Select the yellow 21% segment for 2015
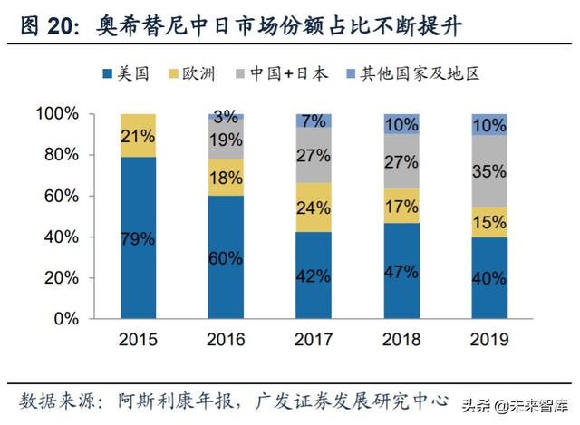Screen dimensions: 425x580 click(x=138, y=136)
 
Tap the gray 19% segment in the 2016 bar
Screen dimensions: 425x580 click(x=226, y=140)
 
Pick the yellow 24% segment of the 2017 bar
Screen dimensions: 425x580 click(x=313, y=207)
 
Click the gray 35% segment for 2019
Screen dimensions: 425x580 click(x=488, y=170)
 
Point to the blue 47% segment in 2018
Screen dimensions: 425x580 click(x=401, y=270)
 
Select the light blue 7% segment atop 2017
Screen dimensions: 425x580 click(x=313, y=121)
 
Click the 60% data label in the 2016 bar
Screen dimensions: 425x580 click(x=226, y=257)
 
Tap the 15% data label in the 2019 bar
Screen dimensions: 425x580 click(x=488, y=222)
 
